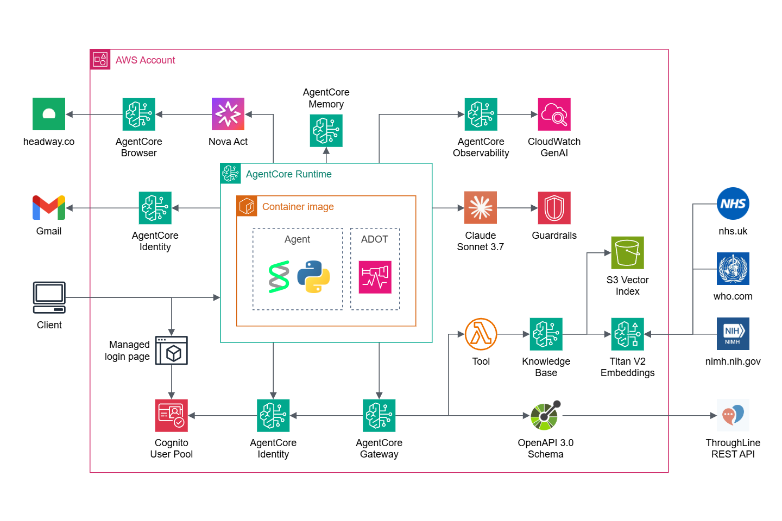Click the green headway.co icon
pyautogui.click(x=49, y=114)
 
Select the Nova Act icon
pyautogui.click(x=228, y=114)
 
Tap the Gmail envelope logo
pyautogui.click(x=49, y=208)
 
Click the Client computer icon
pyautogui.click(x=49, y=297)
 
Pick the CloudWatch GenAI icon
pyautogui.click(x=554, y=114)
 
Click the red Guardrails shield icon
pyautogui.click(x=554, y=208)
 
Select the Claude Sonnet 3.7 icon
pyautogui.click(x=481, y=208)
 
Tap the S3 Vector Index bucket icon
pyautogui.click(x=627, y=252)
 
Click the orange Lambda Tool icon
pyautogui.click(x=481, y=334)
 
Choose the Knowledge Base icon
pyautogui.click(x=546, y=334)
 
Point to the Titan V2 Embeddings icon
pyautogui.click(x=627, y=334)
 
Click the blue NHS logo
pyautogui.click(x=733, y=204)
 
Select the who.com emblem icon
pyautogui.click(x=733, y=269)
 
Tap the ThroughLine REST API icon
pyautogui.click(x=733, y=415)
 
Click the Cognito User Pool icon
pyautogui.click(x=172, y=416)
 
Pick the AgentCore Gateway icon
pyautogui.click(x=379, y=416)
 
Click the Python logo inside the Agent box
pyautogui.click(x=314, y=277)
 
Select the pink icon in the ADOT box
pyautogui.click(x=375, y=277)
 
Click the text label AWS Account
pyautogui.click(x=145, y=60)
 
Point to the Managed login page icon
pyautogui.click(x=172, y=351)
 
